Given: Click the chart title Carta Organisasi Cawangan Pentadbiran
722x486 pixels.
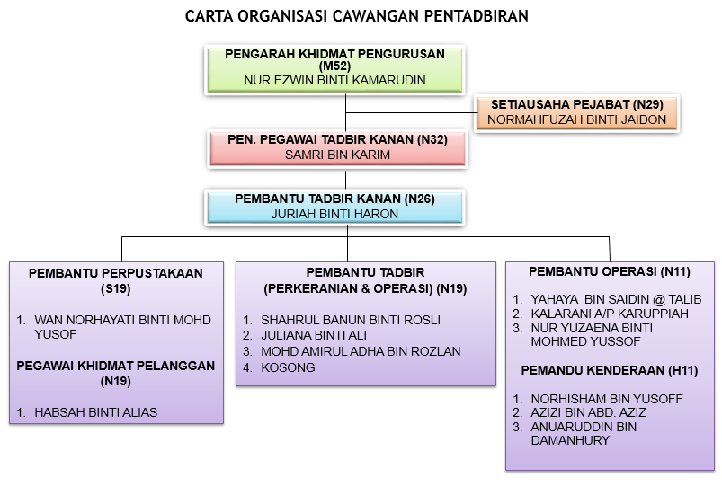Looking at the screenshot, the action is coord(356,16).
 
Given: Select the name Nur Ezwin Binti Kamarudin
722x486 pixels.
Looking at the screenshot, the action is coord(334,80).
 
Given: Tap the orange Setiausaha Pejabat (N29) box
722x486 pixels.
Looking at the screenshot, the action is coord(576,113).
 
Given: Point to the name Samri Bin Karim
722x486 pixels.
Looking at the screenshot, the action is coord(337,155).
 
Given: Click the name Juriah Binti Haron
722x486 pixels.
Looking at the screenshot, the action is coord(334,214).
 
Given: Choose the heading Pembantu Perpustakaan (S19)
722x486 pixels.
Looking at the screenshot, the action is coord(116,281).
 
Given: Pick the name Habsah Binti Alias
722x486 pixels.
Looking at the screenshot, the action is coord(96,412).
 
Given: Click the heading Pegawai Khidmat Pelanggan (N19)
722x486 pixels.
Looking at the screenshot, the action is coord(116,373).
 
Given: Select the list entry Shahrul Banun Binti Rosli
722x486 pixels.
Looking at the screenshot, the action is coord(351,320).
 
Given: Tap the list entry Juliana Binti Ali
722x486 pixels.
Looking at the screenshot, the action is coord(314,335).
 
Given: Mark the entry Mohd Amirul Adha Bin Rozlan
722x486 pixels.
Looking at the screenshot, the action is coord(361,351).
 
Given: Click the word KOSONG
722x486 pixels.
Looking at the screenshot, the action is coord(288,367).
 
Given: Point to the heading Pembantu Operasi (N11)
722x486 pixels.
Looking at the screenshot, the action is coord(610,271).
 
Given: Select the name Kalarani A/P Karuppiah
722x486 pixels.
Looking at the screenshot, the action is coord(610,314).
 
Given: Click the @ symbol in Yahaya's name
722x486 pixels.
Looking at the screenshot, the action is coord(659,300).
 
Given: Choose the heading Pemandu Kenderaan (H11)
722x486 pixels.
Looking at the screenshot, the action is coord(610,370).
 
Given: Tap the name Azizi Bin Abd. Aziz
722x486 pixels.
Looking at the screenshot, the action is coord(588,412).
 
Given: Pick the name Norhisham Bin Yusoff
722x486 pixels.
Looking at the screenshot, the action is coord(606,399).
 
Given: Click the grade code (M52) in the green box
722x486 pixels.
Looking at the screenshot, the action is coord(334,66).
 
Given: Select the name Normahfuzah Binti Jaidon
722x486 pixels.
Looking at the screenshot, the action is coord(576,119).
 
